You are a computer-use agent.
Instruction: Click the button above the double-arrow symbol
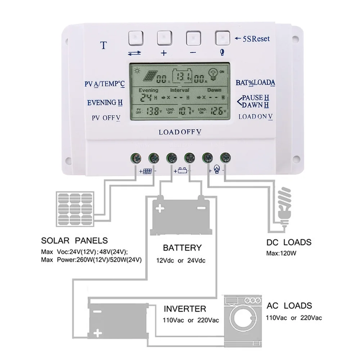coord(135,37)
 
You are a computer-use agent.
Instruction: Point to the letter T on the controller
coord(104,45)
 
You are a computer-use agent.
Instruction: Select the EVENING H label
coord(105,103)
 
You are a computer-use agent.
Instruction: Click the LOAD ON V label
coord(256,117)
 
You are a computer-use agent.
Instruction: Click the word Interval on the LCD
coord(180,90)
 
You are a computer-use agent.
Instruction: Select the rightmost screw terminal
coord(225,157)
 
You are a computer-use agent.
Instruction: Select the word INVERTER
coord(185,309)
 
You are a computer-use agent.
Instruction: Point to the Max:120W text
coord(281,253)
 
